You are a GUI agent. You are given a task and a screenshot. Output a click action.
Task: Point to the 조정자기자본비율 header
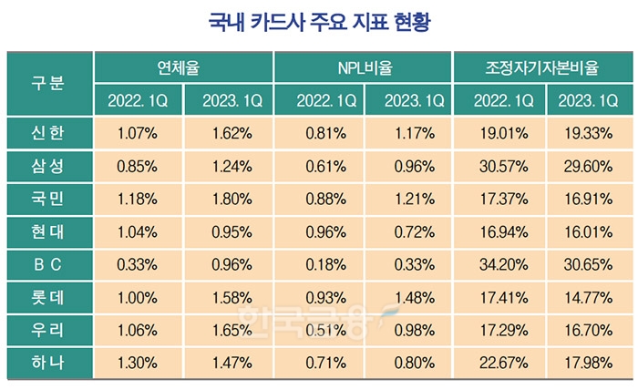[542, 67]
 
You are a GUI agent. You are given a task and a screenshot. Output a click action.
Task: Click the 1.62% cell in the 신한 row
[229, 133]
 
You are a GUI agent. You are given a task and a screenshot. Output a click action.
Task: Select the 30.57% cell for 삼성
[498, 166]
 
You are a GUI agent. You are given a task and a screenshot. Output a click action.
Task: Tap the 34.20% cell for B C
[498, 263]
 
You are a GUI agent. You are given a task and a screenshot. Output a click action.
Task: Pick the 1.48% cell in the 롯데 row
[408, 296]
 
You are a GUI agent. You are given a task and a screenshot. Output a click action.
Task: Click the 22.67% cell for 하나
[498, 362]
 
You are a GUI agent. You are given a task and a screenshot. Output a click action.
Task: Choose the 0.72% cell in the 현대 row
[408, 231]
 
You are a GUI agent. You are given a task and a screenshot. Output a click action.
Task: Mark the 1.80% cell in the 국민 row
[229, 198]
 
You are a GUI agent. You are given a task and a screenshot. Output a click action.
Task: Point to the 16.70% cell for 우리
[588, 329]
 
